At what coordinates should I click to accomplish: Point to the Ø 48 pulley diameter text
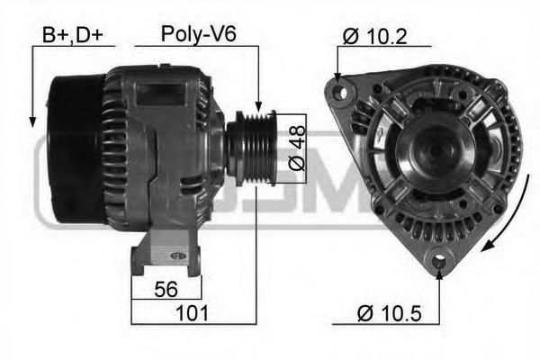[x=298, y=148]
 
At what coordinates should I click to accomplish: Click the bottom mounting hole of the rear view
[x=438, y=260]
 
